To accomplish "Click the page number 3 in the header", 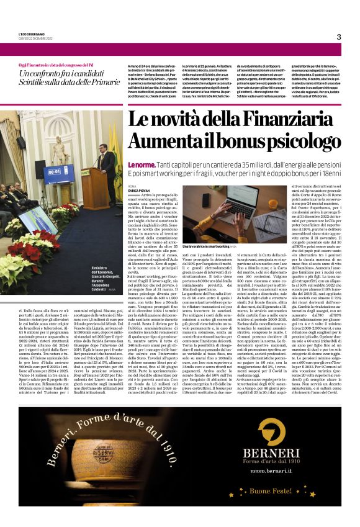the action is tap(338, 37).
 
